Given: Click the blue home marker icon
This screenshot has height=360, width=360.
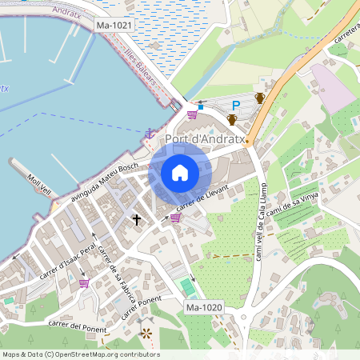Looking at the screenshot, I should (x=180, y=173).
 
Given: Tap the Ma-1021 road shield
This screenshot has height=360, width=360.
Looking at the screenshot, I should (x=114, y=26).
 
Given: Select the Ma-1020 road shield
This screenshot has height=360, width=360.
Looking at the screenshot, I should (x=203, y=307).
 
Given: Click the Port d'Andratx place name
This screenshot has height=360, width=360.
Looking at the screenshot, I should (x=203, y=138).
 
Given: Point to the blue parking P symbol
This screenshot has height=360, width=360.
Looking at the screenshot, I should (x=236, y=105).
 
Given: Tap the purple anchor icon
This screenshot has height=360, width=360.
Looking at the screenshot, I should (x=149, y=133).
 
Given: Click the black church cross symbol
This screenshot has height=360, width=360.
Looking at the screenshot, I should (x=137, y=218).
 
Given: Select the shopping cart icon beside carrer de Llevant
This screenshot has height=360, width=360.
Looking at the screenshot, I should (x=175, y=218).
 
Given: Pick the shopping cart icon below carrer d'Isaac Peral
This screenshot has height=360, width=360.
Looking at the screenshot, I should (x=84, y=282).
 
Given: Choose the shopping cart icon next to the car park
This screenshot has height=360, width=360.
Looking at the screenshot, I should (x=191, y=114).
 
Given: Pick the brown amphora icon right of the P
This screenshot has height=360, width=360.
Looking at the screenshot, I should (x=259, y=98).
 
